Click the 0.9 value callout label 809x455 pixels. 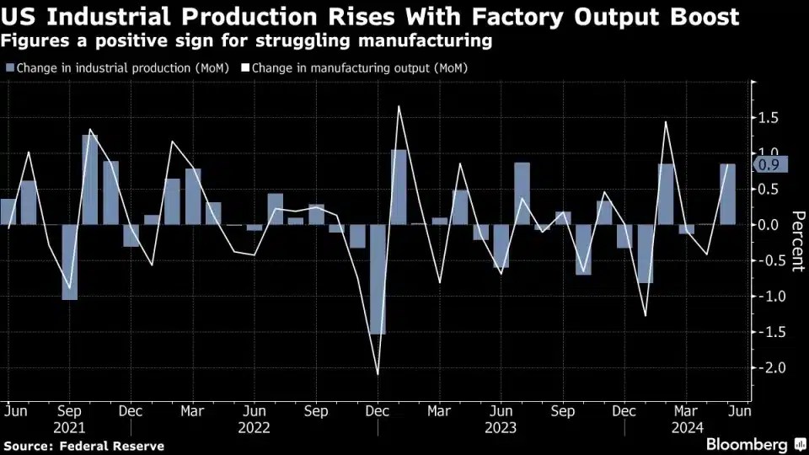pyautogui.click(x=769, y=165)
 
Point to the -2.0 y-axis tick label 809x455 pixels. pyautogui.click(x=767, y=368)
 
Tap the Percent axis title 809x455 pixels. pyautogui.click(x=796, y=241)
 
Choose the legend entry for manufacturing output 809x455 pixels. pyautogui.click(x=353, y=67)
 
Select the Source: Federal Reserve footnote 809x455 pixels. pyautogui.click(x=83, y=446)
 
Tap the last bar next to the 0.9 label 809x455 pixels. pyautogui.click(x=727, y=195)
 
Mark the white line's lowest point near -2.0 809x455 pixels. pyautogui.click(x=378, y=374)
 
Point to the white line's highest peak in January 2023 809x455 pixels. pyautogui.click(x=398, y=106)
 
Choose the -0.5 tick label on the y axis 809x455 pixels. pyautogui.click(x=767, y=260)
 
